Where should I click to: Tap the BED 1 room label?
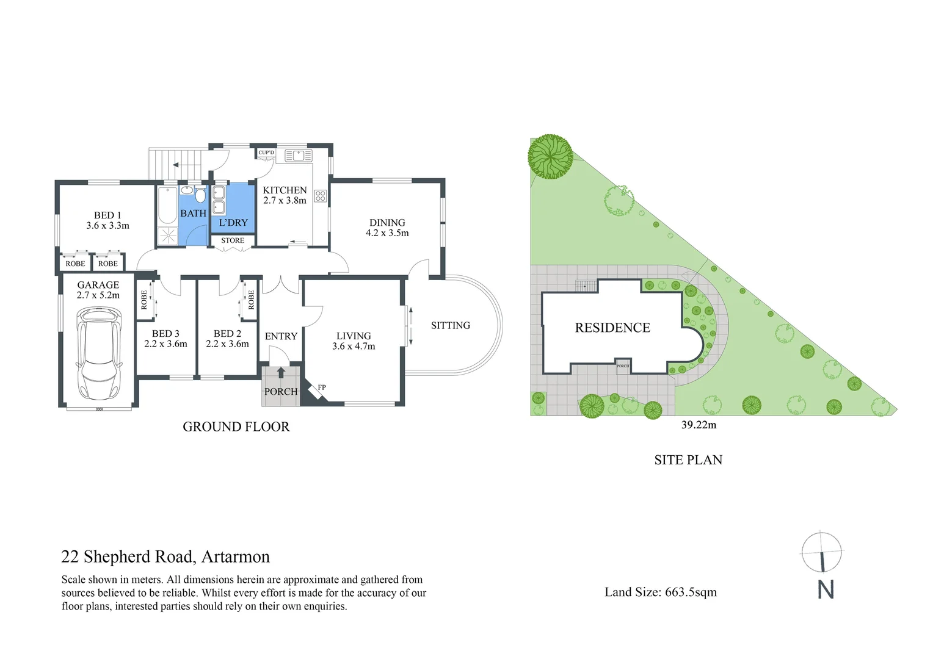pyautogui.click(x=107, y=215)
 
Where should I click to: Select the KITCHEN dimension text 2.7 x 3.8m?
pyautogui.click(x=285, y=201)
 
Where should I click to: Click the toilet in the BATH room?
pyautogui.click(x=200, y=195)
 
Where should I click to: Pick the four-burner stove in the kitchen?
pyautogui.click(x=321, y=196)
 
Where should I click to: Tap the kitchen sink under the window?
pyautogui.click(x=297, y=155)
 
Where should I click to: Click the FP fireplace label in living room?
pyautogui.click(x=322, y=387)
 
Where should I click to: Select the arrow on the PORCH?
pyautogui.click(x=281, y=372)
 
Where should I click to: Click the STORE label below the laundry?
pyautogui.click(x=233, y=240)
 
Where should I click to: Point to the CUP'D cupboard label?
pyautogui.click(x=266, y=153)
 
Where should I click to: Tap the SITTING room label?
pyautogui.click(x=451, y=325)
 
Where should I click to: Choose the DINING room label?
pyautogui.click(x=387, y=223)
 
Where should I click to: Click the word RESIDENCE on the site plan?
pyautogui.click(x=612, y=328)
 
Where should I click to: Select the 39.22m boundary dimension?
pyautogui.click(x=699, y=425)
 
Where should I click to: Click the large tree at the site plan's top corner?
pyautogui.click(x=550, y=156)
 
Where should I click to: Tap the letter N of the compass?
pyautogui.click(x=826, y=589)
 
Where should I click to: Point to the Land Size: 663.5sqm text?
pyautogui.click(x=661, y=592)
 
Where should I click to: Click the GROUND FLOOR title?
pyautogui.click(x=236, y=427)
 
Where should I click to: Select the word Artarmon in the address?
pyautogui.click(x=236, y=556)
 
